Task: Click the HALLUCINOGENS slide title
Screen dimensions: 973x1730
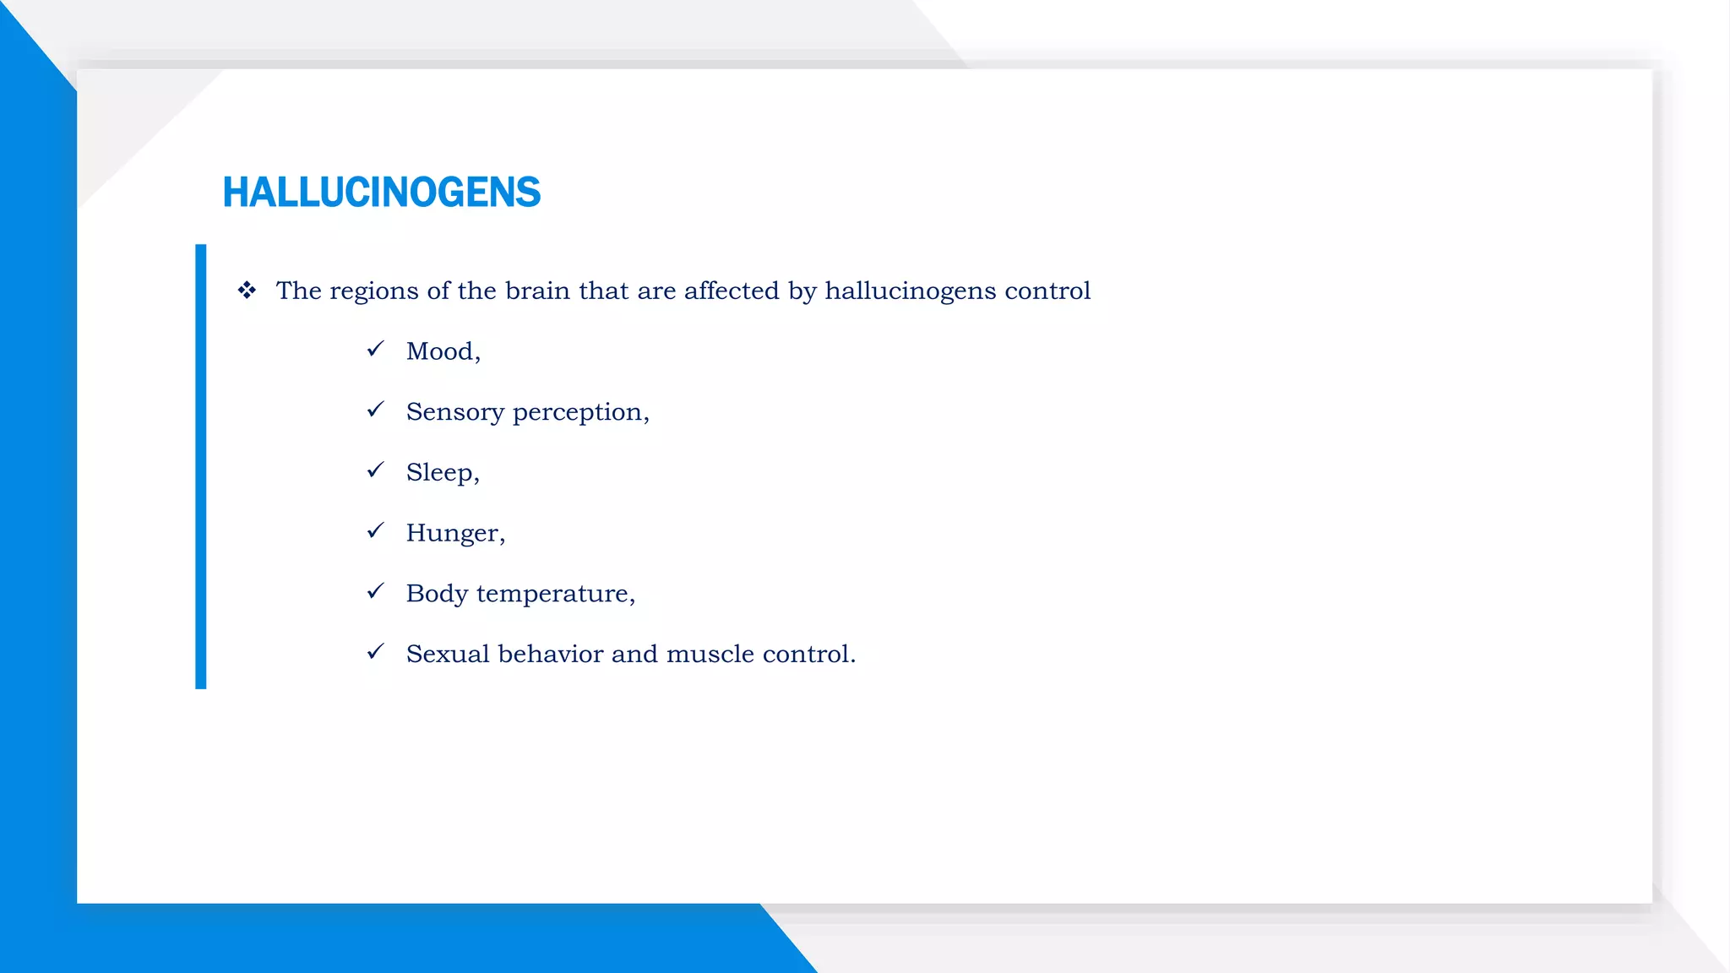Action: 381,193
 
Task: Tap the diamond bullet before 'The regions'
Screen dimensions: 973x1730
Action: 247,291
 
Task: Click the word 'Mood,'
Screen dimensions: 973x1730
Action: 443,351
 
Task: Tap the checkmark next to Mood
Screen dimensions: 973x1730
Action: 376,349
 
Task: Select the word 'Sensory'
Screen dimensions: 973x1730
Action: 454,412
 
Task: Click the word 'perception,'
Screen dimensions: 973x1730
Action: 581,412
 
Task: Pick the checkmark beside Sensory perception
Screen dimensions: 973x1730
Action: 376,410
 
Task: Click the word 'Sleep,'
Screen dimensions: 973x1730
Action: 443,472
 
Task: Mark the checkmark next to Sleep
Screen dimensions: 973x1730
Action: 376,470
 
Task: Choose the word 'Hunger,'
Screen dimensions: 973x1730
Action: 455,533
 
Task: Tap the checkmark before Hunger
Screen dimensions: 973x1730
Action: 376,530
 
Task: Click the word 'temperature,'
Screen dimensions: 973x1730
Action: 556,594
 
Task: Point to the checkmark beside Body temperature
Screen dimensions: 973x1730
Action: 376,591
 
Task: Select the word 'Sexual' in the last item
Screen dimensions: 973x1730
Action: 448,654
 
